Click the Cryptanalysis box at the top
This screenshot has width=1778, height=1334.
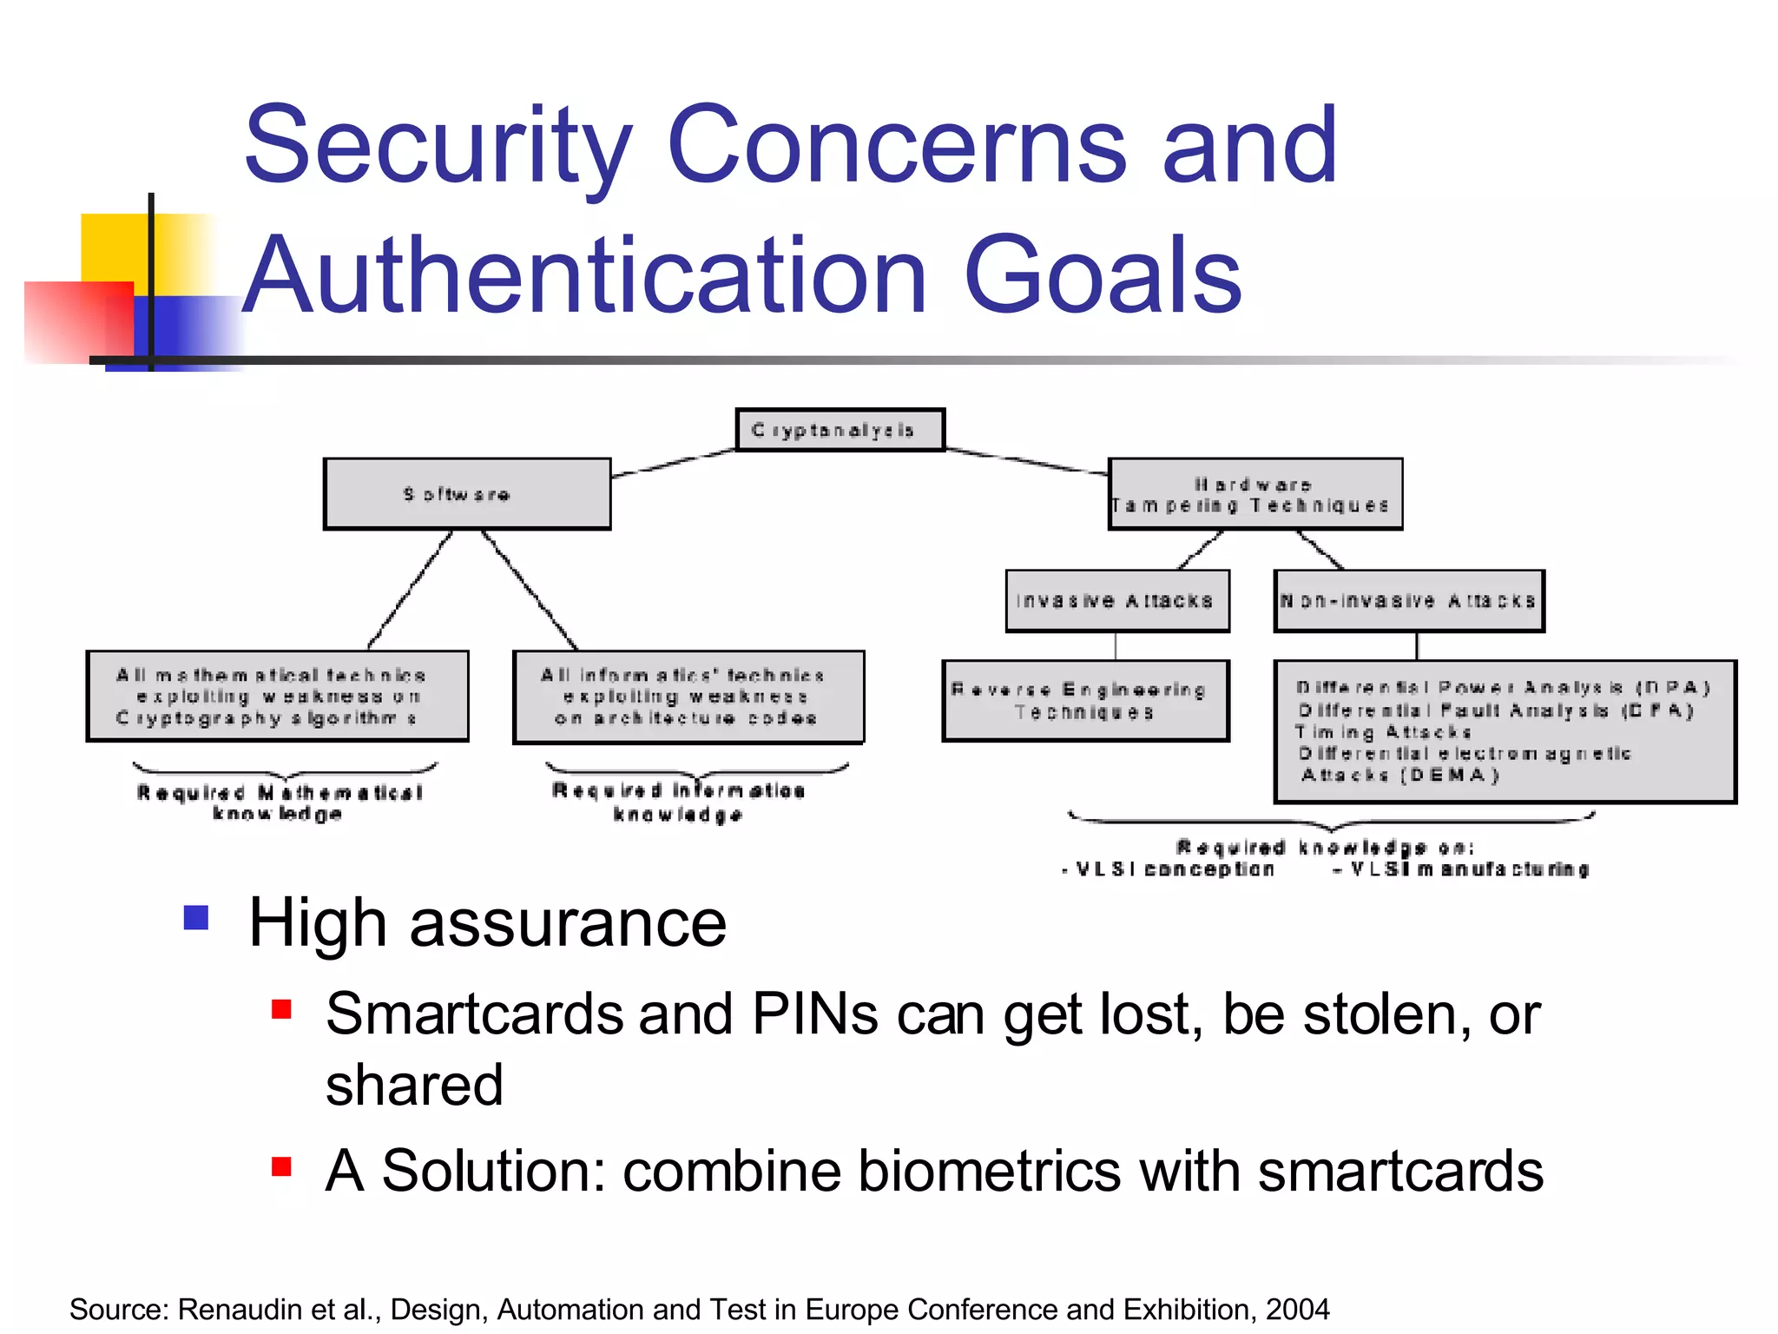(840, 430)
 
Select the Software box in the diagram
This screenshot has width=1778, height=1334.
(467, 494)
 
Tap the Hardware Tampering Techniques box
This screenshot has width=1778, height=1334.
(1254, 494)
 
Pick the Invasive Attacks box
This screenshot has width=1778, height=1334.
(1116, 601)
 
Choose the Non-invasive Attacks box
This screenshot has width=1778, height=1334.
(1408, 601)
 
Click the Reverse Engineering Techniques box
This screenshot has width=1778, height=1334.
(1085, 701)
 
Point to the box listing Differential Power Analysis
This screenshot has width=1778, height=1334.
(1504, 731)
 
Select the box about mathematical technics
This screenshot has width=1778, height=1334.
(277, 697)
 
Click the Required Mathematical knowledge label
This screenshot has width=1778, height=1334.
(280, 802)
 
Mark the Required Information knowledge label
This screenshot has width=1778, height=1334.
(679, 802)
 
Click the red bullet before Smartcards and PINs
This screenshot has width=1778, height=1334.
(281, 1009)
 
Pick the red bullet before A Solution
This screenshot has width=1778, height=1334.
(281, 1166)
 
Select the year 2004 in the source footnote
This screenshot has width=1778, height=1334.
(1297, 1309)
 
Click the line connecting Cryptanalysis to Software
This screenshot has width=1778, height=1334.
(674, 463)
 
